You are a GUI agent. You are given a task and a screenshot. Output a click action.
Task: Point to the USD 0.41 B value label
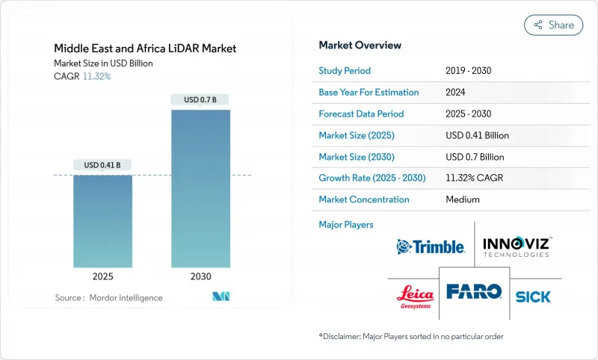[x=102, y=165]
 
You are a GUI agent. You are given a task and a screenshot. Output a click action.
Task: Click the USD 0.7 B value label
[x=200, y=99]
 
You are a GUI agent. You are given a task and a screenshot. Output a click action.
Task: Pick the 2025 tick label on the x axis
[x=102, y=276]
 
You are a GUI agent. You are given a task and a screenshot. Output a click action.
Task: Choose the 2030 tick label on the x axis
[x=200, y=276]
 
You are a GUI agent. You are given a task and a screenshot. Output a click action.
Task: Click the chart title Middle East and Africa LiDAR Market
[x=145, y=49]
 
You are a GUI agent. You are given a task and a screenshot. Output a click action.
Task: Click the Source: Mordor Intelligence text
[x=108, y=298]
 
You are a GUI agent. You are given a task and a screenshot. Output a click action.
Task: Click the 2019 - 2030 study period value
[x=469, y=70]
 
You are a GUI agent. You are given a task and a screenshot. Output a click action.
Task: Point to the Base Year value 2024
[x=456, y=92]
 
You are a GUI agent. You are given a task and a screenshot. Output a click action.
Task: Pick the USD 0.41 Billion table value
[x=477, y=135]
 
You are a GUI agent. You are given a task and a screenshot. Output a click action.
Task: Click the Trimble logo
[x=431, y=246]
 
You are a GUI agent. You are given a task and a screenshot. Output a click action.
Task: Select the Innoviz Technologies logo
[x=517, y=246]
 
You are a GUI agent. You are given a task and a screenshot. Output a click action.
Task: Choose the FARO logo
[x=474, y=291]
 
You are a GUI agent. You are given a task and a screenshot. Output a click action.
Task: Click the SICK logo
[x=533, y=297]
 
